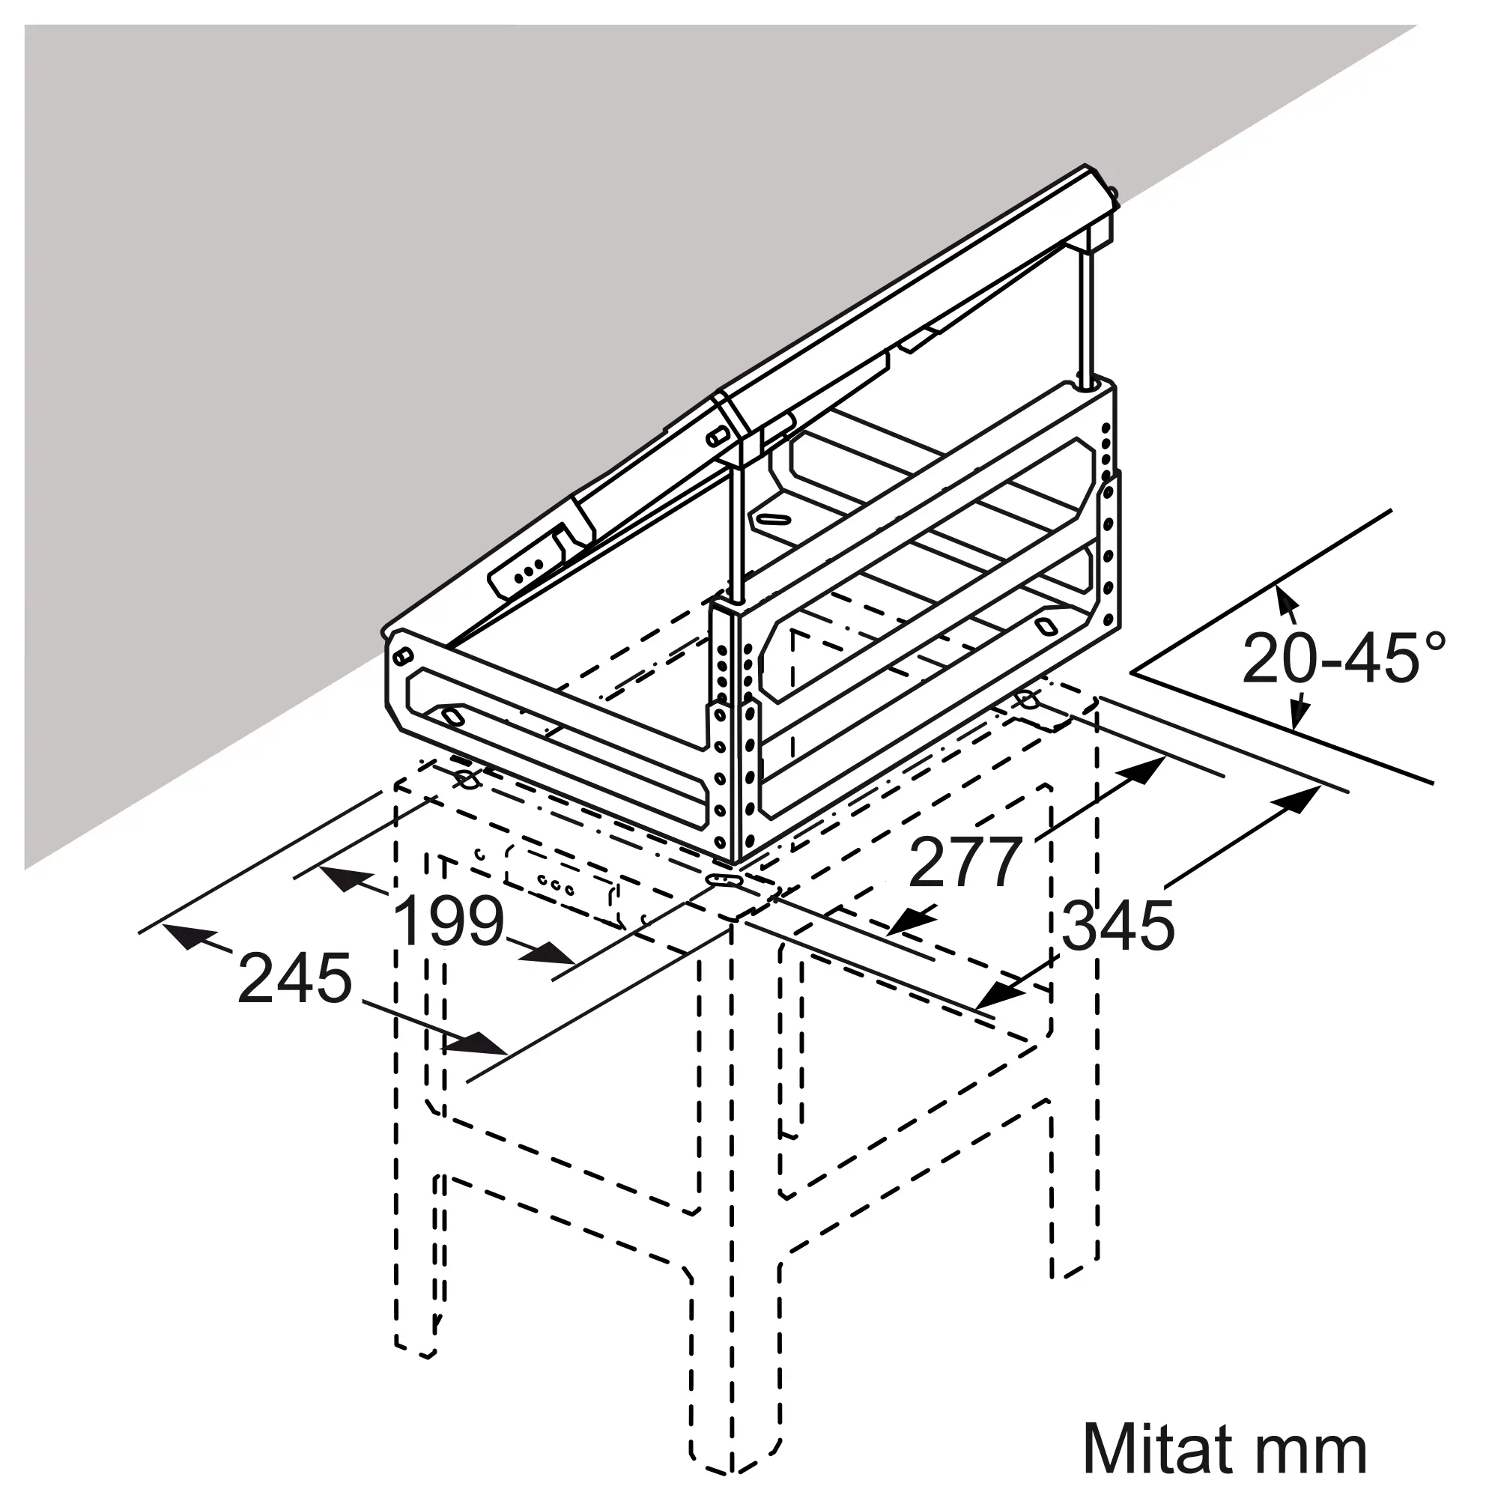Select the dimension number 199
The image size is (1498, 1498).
pyautogui.click(x=449, y=921)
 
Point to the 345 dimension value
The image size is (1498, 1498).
pyautogui.click(x=1118, y=926)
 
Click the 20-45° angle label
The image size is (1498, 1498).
pyautogui.click(x=1344, y=661)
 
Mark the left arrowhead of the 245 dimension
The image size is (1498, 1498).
pyautogui.click(x=184, y=937)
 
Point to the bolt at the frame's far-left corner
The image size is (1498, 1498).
pyautogui.click(x=402, y=656)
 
